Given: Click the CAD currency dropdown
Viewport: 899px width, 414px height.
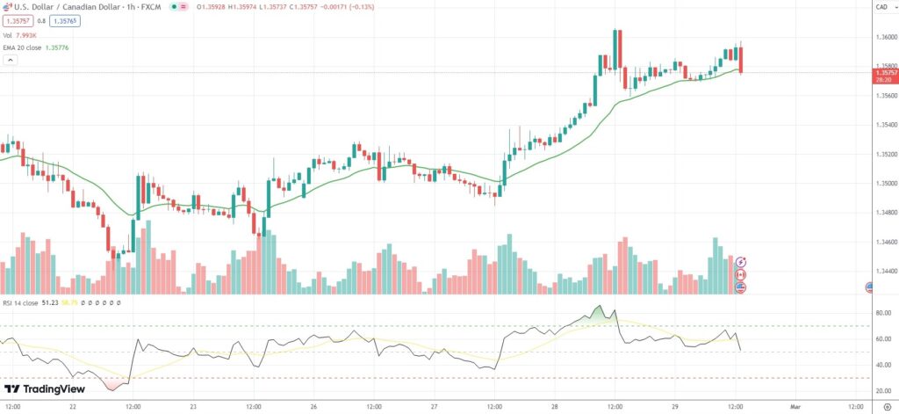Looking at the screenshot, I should click(881, 7).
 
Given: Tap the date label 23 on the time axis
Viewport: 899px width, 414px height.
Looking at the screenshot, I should click(192, 407).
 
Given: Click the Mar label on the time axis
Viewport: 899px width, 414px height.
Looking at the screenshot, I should click(795, 407).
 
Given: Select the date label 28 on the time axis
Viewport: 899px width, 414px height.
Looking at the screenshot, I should click(554, 407).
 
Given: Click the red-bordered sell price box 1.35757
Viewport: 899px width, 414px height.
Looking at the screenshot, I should click(18, 20).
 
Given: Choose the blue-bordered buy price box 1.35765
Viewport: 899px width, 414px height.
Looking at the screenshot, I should click(66, 20).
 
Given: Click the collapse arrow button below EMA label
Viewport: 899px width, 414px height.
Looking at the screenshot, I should click(10, 60).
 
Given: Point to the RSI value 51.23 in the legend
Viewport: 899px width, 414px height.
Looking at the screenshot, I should click(49, 302).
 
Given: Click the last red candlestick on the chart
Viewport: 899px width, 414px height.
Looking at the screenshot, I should click(742, 59).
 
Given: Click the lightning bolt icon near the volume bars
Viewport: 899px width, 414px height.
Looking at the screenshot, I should click(741, 262).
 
